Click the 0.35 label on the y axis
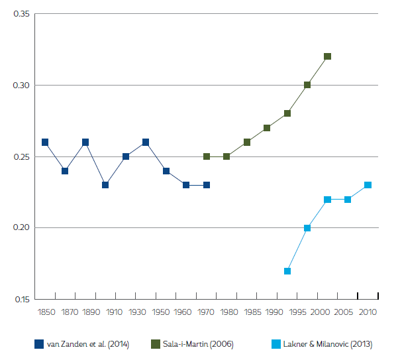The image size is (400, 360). (20, 14)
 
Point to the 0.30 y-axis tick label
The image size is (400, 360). (20, 86)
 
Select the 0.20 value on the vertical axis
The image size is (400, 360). (20, 228)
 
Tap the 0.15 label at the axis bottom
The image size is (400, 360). (20, 299)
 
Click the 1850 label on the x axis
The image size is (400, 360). (46, 311)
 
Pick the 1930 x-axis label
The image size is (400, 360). (138, 311)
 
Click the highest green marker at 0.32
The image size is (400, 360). (327, 56)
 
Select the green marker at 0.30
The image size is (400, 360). (307, 85)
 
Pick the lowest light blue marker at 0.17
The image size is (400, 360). (287, 270)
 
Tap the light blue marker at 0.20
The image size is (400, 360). (307, 228)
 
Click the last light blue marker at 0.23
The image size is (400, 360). (368, 185)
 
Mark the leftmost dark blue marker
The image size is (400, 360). (45, 142)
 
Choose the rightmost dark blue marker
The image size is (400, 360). (207, 185)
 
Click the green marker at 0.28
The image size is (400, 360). (287, 113)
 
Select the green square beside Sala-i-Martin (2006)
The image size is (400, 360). (156, 344)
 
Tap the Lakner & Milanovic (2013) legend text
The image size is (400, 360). (328, 344)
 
